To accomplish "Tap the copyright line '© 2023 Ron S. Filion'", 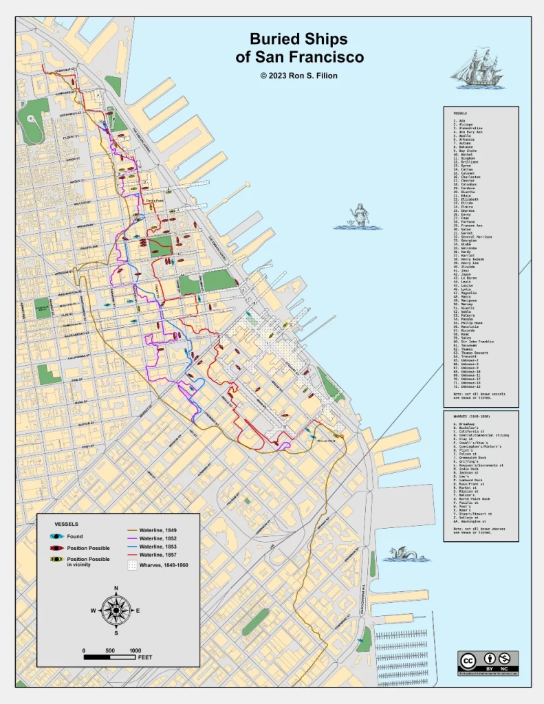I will coord(298,75).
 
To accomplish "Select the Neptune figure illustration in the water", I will coord(353,218).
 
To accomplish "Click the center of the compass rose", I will coord(116,609).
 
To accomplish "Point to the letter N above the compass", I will coord(116,588).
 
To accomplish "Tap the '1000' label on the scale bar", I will coord(135,650).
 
